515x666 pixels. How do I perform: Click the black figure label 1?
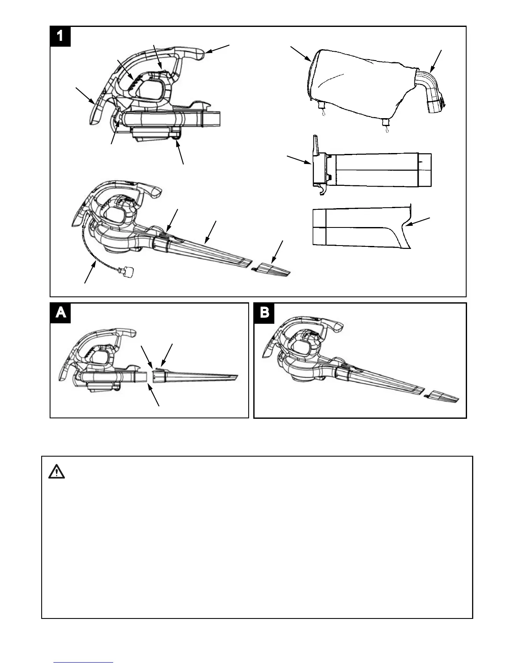click(60, 36)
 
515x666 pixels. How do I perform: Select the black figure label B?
click(264, 314)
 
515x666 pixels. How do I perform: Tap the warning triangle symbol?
click(56, 473)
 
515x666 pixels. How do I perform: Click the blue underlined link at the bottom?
click(83, 663)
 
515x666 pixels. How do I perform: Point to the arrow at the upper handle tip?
click(218, 48)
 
